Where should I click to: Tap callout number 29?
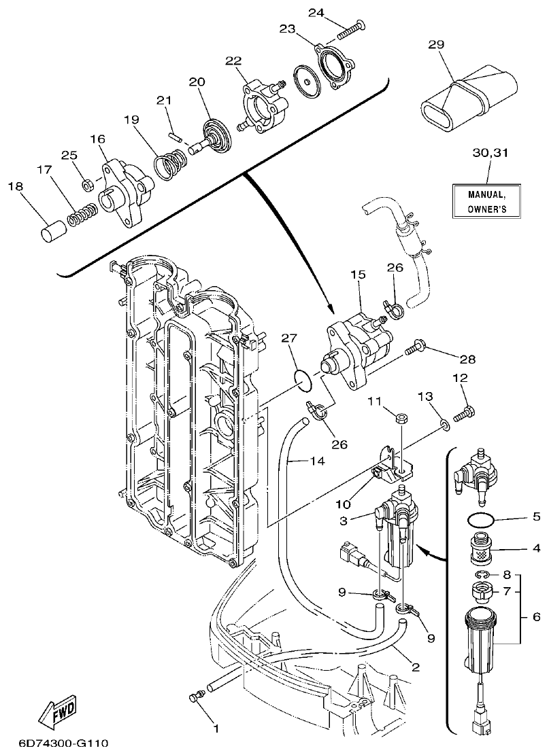pyautogui.click(x=435, y=44)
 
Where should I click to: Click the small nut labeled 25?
pyautogui.click(x=87, y=185)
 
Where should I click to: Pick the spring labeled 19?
pyautogui.click(x=170, y=165)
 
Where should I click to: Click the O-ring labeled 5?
pyautogui.click(x=482, y=523)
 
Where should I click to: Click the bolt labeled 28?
pyautogui.click(x=414, y=351)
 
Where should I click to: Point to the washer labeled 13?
pyautogui.click(x=444, y=425)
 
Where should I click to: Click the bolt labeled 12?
pyautogui.click(x=465, y=410)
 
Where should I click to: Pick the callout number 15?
pyautogui.click(x=358, y=275)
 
